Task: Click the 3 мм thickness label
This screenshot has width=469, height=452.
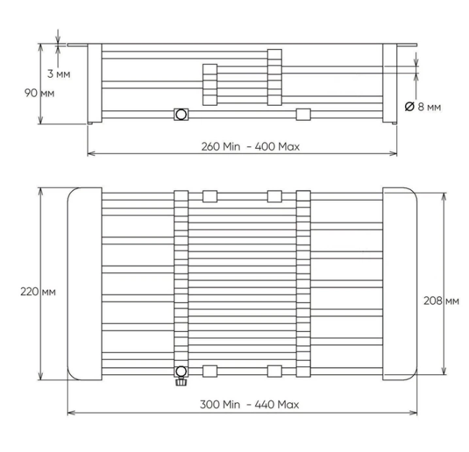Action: (x=59, y=73)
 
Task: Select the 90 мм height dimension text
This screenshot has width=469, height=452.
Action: (x=39, y=93)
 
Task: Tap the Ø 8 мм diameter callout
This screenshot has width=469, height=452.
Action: (x=423, y=107)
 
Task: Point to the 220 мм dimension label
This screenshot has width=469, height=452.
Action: (x=38, y=291)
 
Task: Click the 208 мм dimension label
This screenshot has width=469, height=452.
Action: (x=441, y=301)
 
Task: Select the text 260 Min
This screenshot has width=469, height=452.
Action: (x=221, y=147)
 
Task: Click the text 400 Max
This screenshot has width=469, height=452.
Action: (x=277, y=147)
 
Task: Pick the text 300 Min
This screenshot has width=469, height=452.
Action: (x=220, y=404)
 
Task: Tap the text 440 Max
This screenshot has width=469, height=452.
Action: (x=277, y=404)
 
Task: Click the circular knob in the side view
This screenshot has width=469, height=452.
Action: (x=181, y=114)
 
